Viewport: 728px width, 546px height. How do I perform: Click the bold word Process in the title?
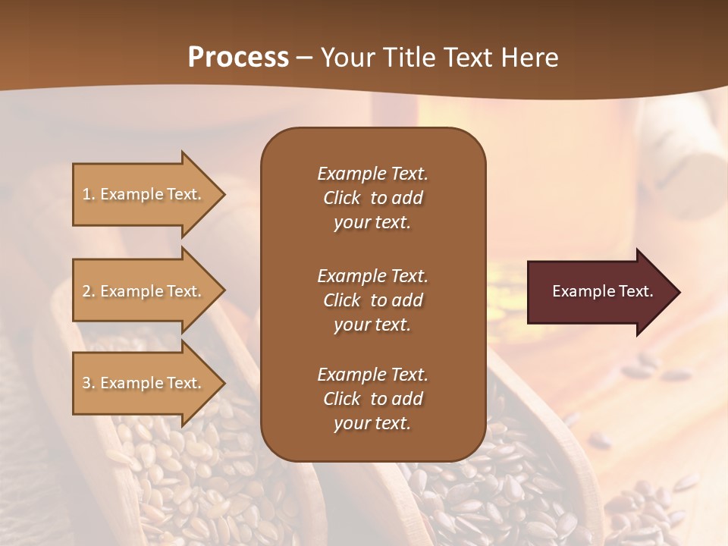[238, 58]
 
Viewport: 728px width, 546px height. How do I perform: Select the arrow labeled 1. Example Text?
[144, 194]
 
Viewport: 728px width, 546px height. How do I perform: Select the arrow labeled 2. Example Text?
[144, 291]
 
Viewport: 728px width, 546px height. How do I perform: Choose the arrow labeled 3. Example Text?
[144, 383]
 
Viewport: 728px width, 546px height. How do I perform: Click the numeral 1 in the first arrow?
[86, 194]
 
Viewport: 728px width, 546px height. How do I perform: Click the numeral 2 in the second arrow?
[86, 291]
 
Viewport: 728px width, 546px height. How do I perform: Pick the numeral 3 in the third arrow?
[86, 383]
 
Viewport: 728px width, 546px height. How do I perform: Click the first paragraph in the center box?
[372, 198]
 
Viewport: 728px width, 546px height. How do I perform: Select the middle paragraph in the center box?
[372, 300]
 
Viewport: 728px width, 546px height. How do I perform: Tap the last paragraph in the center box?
[372, 399]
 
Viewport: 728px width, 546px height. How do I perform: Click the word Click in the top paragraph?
[341, 198]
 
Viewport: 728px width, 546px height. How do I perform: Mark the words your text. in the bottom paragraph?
[372, 423]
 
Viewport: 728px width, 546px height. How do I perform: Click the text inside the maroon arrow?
[602, 291]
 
